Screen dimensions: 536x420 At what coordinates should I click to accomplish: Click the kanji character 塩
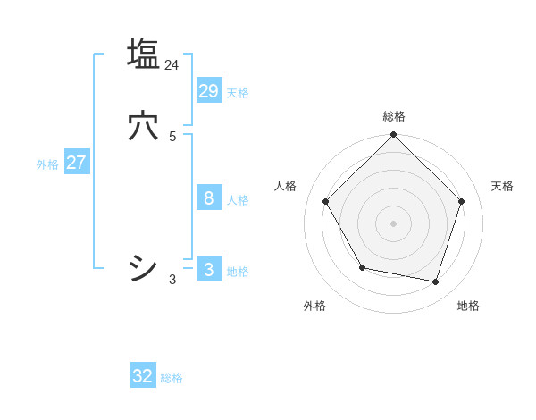(x=143, y=54)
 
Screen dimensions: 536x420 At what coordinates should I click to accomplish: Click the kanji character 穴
(x=143, y=127)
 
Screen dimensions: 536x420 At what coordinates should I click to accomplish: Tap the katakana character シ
(x=143, y=268)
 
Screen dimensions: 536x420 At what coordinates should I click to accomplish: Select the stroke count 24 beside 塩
(x=172, y=65)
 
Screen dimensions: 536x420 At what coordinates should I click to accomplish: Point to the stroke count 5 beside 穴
(x=172, y=137)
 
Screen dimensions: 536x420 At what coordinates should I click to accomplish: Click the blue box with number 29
(x=208, y=90)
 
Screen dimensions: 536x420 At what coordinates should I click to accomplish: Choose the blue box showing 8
(x=208, y=197)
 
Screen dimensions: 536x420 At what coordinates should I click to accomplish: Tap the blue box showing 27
(x=76, y=163)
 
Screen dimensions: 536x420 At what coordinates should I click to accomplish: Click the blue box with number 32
(x=143, y=376)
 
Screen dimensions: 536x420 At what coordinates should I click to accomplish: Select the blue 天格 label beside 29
(x=238, y=93)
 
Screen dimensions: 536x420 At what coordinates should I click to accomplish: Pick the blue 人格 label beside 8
(x=238, y=200)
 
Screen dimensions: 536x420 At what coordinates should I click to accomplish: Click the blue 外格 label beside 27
(x=47, y=164)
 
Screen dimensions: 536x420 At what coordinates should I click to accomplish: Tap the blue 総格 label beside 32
(x=172, y=379)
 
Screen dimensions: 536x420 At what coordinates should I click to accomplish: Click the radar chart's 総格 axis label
(x=393, y=116)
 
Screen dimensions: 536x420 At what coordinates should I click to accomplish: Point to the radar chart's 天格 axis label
(x=502, y=186)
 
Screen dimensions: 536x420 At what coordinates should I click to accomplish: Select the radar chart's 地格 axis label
(x=468, y=306)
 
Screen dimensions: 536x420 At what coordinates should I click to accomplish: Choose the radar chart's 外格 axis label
(x=314, y=306)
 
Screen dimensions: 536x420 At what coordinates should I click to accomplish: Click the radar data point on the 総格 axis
(x=393, y=136)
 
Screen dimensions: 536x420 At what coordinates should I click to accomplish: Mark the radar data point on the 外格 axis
(x=362, y=267)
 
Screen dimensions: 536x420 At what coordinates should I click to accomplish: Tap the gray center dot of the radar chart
(x=393, y=223)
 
